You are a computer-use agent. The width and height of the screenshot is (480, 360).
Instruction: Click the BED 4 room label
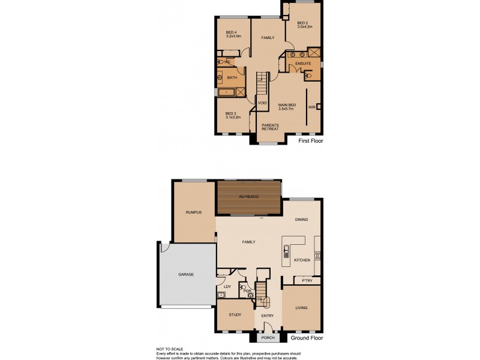click(x=231, y=32)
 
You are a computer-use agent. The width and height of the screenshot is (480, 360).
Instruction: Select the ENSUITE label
click(x=303, y=63)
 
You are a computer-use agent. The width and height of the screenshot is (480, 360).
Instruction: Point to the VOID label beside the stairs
click(x=262, y=103)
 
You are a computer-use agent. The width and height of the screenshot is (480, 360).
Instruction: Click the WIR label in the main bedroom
click(x=311, y=107)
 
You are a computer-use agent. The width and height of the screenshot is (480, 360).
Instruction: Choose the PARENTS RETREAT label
click(x=269, y=127)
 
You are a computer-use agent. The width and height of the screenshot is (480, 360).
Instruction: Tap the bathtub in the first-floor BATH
click(x=227, y=92)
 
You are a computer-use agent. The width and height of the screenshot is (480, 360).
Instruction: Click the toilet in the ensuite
click(x=308, y=76)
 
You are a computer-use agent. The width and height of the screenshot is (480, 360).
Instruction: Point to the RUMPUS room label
click(x=193, y=212)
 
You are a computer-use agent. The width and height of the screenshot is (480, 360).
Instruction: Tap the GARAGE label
click(x=186, y=274)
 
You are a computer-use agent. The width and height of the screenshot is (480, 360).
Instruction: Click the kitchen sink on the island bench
click(x=287, y=250)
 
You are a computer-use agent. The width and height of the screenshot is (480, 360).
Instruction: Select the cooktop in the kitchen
click(x=317, y=256)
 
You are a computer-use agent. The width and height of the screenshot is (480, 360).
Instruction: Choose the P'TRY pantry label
click(x=307, y=280)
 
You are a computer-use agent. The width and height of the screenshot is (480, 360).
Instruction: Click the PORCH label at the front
click(x=268, y=337)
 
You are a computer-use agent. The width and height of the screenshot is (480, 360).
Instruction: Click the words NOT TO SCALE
click(x=170, y=349)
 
